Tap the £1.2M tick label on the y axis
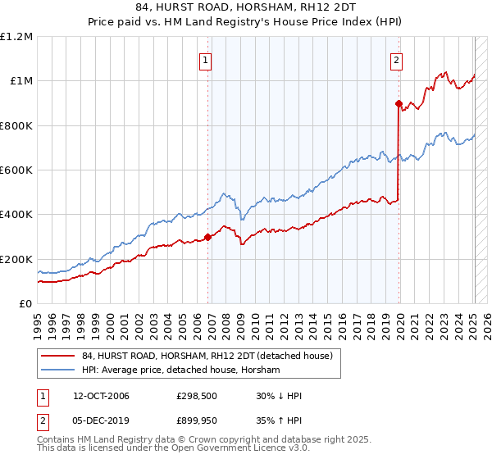click(16, 37)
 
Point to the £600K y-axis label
click(16, 170)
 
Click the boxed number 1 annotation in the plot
click(205, 59)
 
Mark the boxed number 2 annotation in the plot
click(396, 59)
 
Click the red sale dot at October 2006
click(207, 238)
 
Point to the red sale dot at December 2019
click(399, 103)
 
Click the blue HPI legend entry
click(180, 370)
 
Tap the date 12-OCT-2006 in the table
click(97, 396)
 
